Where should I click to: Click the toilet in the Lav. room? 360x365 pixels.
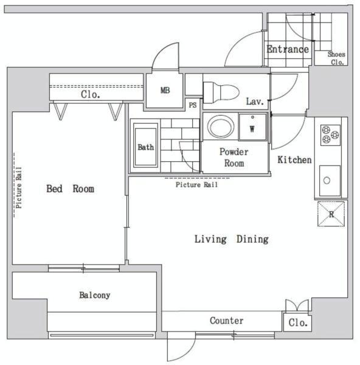221,92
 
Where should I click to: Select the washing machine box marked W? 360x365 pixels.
252,127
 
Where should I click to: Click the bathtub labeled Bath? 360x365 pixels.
146,145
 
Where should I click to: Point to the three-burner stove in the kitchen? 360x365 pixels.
330,135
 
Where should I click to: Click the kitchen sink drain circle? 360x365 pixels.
327,181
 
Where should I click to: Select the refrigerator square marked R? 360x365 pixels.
331,214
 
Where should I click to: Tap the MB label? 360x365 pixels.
165,90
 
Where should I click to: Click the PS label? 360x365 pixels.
193,105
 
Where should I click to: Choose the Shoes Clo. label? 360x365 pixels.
336,58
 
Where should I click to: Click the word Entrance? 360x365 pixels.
288,49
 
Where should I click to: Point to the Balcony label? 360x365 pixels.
95,295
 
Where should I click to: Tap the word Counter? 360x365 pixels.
227,321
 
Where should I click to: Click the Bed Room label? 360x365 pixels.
71,189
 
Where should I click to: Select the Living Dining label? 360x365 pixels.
232,239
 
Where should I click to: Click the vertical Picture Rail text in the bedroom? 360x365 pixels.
19,187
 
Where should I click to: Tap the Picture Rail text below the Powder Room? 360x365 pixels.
197,184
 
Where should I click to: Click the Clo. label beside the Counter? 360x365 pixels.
298,322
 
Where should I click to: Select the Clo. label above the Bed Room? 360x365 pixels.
91,94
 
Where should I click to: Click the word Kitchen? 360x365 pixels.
294,159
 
